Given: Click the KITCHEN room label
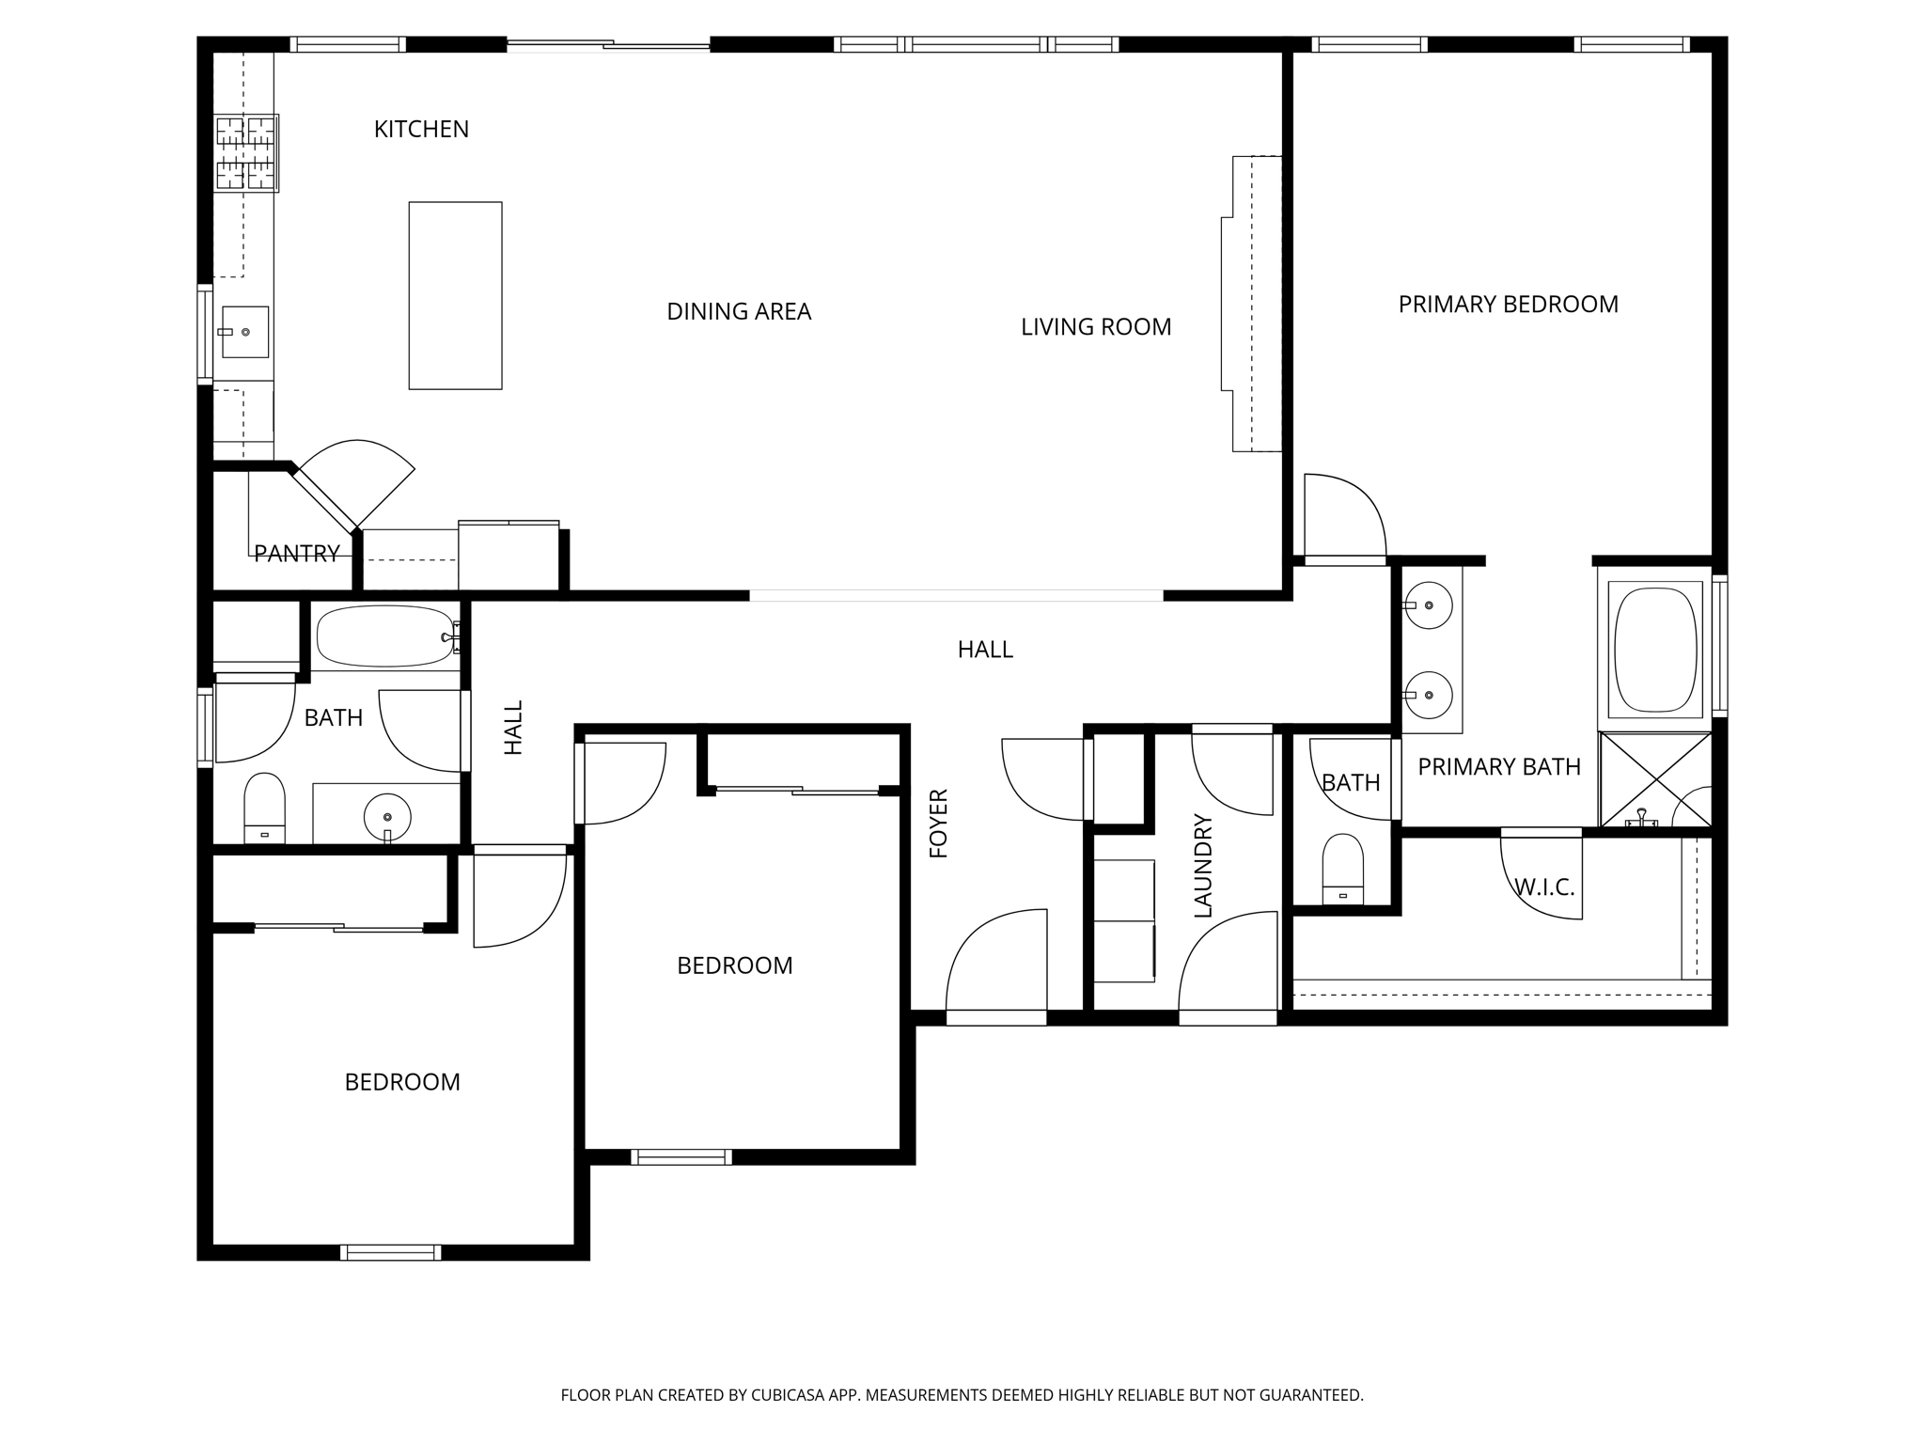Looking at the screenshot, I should (421, 130).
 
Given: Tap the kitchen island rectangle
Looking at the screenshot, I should (455, 295).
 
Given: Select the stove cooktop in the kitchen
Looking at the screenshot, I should (246, 153).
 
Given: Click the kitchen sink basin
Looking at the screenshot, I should (245, 332).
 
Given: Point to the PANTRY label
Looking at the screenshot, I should (296, 554).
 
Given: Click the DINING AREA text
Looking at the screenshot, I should (738, 312).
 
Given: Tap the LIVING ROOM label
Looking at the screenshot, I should (1095, 327).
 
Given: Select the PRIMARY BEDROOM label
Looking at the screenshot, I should (1508, 305).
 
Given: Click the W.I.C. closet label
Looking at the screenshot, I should (1543, 887).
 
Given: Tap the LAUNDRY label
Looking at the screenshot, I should (1203, 866).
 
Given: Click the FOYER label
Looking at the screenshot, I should (939, 824).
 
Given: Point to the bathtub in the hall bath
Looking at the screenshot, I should (384, 636).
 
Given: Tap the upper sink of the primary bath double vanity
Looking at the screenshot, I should (1428, 604).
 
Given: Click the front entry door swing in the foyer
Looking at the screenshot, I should (996, 964).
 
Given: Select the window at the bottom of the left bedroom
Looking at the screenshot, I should (390, 1252).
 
